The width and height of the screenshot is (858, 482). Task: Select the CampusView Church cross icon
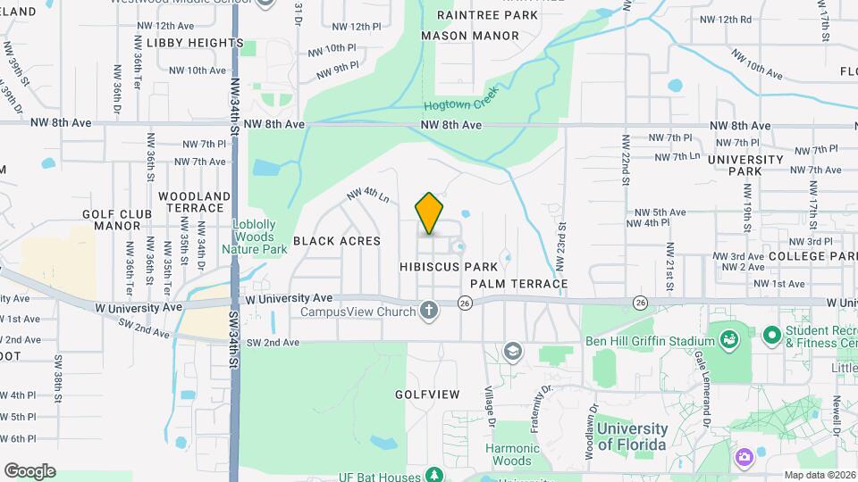click(429, 312)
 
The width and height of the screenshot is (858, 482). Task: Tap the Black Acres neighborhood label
click(336, 241)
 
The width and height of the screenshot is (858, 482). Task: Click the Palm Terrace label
click(519, 284)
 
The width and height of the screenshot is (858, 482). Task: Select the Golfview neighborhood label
click(427, 394)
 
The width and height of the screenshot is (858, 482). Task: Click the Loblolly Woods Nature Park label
click(260, 237)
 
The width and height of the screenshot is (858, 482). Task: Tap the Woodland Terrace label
click(190, 202)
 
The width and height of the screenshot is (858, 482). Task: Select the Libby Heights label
click(182, 43)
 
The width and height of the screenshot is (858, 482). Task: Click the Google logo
click(29, 470)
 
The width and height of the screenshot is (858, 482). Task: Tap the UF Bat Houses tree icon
click(433, 473)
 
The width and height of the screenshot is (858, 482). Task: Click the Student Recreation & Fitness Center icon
click(771, 336)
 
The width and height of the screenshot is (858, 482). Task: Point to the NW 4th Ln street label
click(368, 194)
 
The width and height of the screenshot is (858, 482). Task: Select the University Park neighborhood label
click(744, 165)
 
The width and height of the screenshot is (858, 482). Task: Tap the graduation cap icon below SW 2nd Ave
click(512, 351)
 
